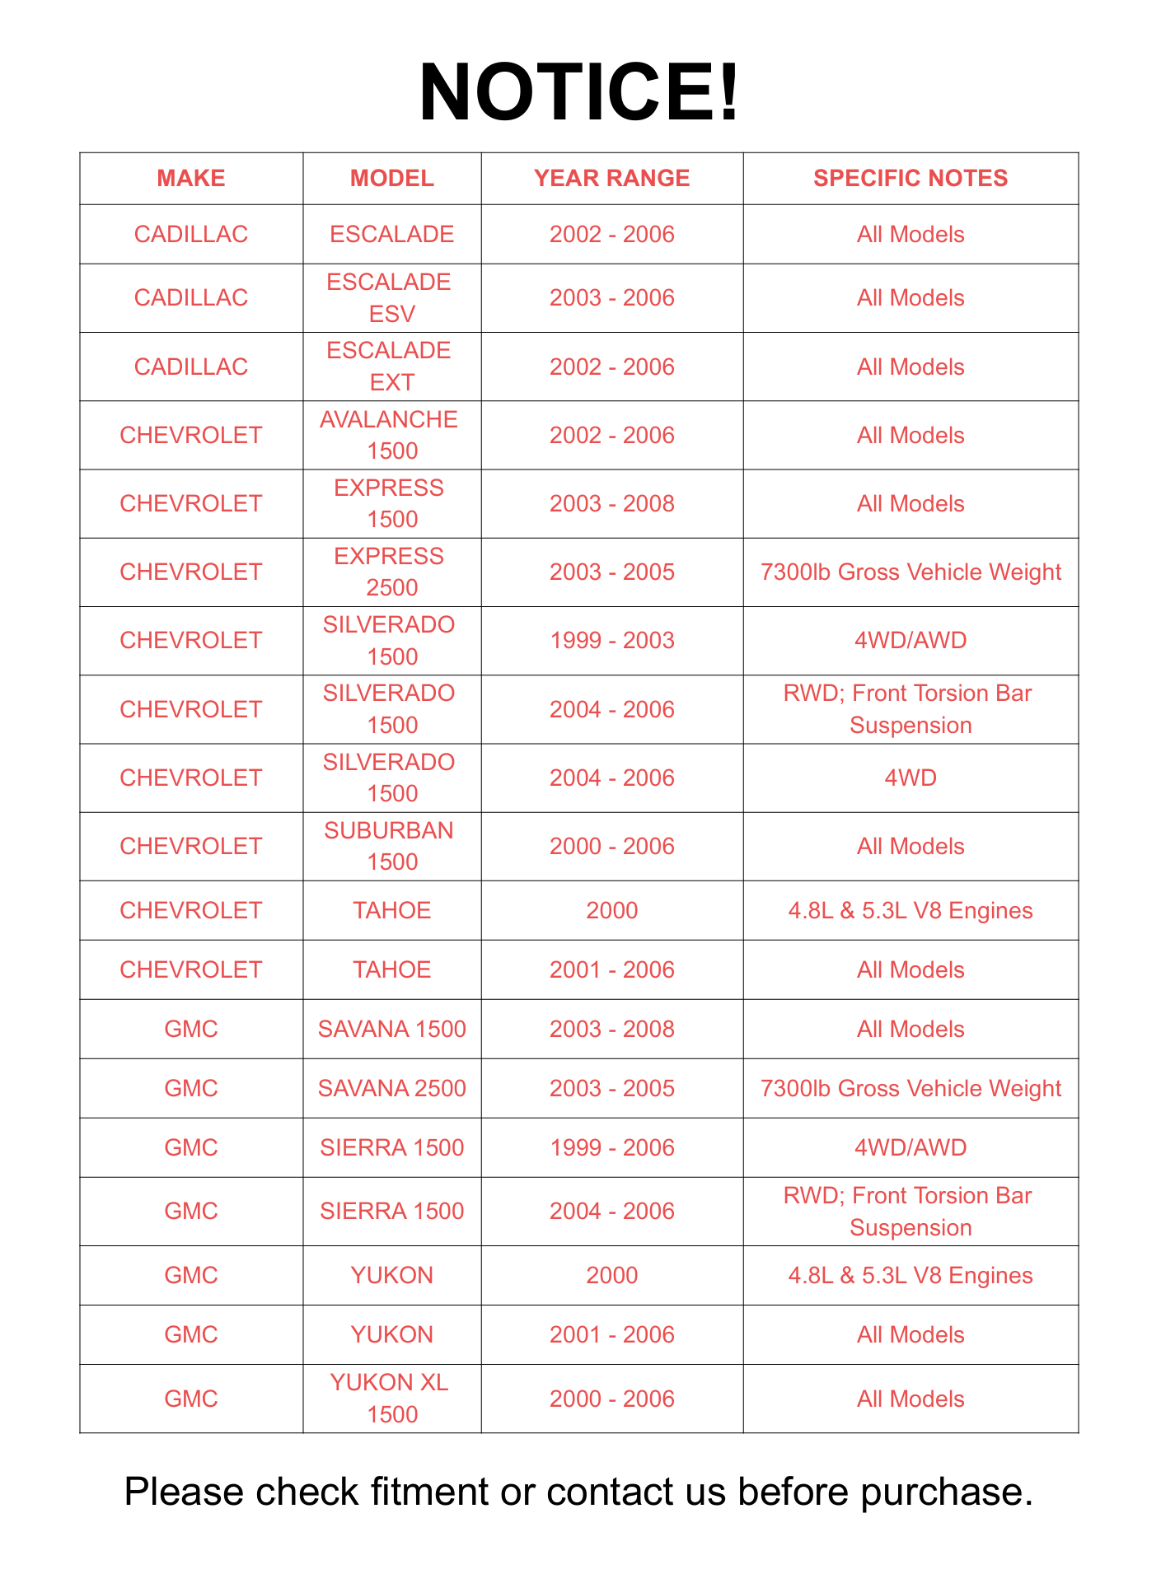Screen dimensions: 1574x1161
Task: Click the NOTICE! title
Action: pos(579,92)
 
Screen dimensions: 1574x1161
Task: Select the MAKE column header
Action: pos(191,178)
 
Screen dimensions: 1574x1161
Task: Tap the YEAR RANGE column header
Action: pos(611,178)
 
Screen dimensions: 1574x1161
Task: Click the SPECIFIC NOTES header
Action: pos(911,178)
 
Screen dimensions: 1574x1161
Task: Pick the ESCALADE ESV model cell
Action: pos(391,297)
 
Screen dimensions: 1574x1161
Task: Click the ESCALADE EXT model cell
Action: pos(391,367)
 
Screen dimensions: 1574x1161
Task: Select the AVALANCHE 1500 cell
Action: pos(391,435)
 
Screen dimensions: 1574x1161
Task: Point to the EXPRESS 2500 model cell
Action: pos(391,572)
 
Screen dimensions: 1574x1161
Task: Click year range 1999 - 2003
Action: pos(611,640)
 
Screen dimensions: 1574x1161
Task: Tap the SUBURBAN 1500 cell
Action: pos(391,846)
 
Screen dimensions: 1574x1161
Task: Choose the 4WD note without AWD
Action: pos(911,778)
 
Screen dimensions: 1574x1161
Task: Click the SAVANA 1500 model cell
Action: pos(391,1029)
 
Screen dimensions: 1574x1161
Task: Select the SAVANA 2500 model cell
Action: pos(391,1088)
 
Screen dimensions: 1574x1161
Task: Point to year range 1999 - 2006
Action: pos(611,1147)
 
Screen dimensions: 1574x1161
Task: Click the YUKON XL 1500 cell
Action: pos(391,1399)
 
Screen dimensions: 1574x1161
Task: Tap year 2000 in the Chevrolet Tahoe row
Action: pos(611,910)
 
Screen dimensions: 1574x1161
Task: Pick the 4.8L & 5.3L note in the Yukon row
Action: pos(911,1275)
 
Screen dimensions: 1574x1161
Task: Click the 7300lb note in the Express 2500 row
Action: pos(911,572)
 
